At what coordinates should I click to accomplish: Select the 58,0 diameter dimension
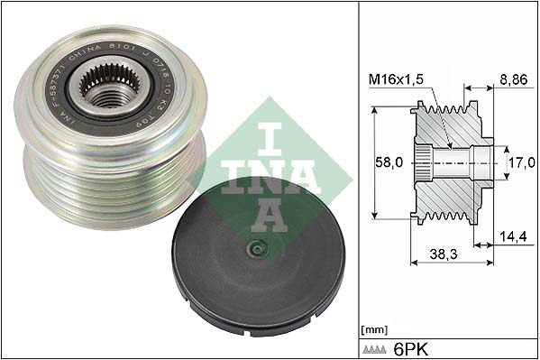click(x=389, y=164)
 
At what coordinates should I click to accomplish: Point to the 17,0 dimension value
click(x=519, y=164)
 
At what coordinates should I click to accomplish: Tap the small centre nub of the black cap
click(x=257, y=250)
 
